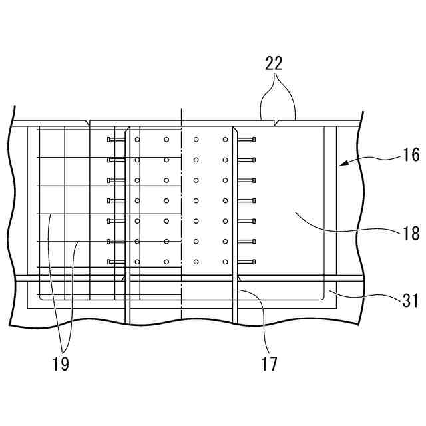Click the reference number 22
274,63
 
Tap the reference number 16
411,155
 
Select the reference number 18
411,233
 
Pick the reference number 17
270,364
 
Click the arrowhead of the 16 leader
339,164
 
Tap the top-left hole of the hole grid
138,140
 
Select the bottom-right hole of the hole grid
226,262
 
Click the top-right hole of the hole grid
226,140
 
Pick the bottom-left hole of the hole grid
138,262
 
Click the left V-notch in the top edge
89,122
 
